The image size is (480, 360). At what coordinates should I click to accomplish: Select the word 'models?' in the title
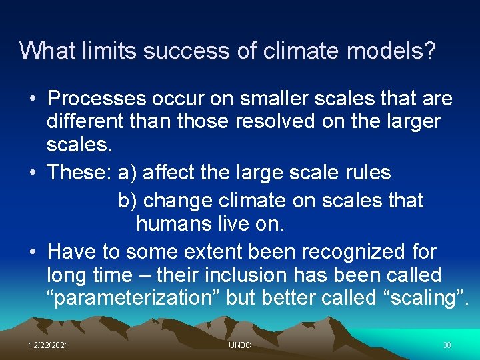pyautogui.click(x=397, y=51)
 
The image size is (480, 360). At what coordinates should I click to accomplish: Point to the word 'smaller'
pyautogui.click(x=241, y=99)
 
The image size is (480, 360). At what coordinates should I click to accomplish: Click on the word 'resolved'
pyautogui.click(x=301, y=122)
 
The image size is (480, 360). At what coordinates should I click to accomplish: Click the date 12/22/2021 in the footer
pyautogui.click(x=47, y=345)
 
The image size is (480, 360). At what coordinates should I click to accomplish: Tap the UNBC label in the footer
pyautogui.click(x=239, y=345)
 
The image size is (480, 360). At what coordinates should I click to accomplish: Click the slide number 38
pyautogui.click(x=447, y=345)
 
